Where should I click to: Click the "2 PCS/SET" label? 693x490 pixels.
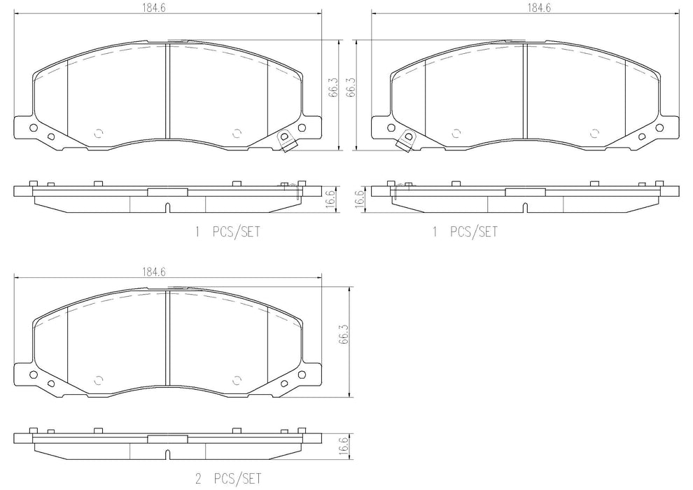click(x=228, y=478)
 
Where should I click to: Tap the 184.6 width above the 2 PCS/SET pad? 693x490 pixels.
click(x=153, y=272)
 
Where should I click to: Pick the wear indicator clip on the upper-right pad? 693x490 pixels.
click(x=407, y=141)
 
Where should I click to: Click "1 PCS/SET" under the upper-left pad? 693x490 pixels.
click(x=227, y=232)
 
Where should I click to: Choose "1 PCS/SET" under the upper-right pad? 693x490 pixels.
click(x=465, y=232)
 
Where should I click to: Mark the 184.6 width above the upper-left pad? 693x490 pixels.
click(x=153, y=8)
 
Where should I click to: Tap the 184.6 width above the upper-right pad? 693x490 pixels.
click(x=539, y=8)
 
